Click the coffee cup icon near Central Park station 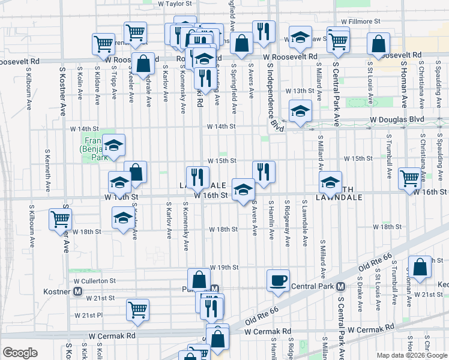click(x=278, y=280)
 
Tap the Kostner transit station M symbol click(x=78, y=291)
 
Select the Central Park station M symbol click(x=340, y=286)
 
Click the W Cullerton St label click(x=95, y=280)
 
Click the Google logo click(x=20, y=353)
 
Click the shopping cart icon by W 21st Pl click(x=137, y=310)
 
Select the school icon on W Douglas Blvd click(x=300, y=111)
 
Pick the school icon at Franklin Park click(x=113, y=145)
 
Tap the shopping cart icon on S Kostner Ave click(x=60, y=219)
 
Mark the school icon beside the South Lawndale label click(x=330, y=182)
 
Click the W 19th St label click(x=224, y=267)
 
